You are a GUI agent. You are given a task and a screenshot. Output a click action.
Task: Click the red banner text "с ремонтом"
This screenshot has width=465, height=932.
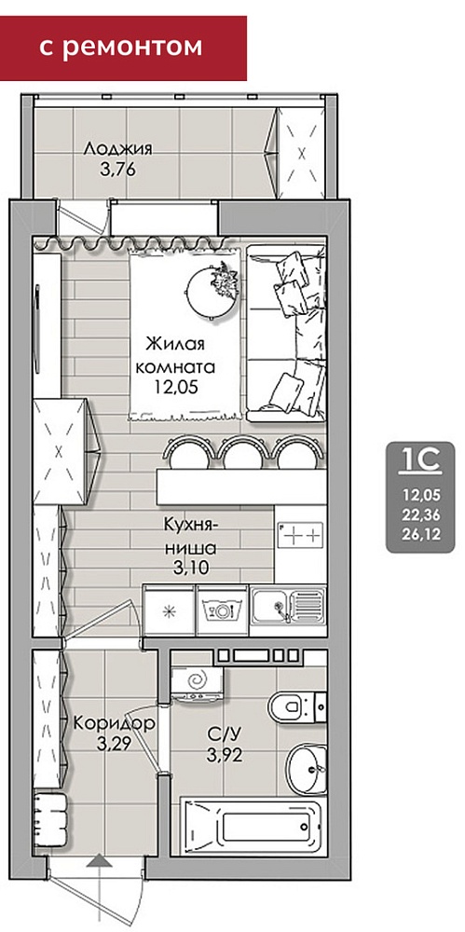tap(121, 47)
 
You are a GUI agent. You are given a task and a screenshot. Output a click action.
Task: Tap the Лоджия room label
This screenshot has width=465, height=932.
tap(117, 148)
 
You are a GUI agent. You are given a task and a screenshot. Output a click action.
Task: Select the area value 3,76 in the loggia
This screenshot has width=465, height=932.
tap(118, 170)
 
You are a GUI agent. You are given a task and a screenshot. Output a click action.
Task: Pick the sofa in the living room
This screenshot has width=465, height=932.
tap(287, 333)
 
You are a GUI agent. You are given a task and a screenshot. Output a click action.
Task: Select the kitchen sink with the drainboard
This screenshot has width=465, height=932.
tap(288, 607)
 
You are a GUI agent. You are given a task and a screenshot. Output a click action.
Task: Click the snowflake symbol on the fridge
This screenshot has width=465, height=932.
tap(169, 611)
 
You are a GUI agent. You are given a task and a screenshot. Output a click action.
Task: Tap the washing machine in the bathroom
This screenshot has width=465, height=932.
tap(197, 682)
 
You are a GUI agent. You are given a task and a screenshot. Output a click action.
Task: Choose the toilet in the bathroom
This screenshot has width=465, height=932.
tap(296, 706)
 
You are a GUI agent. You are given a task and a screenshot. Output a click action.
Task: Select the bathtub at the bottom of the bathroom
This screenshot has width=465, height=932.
tap(253, 827)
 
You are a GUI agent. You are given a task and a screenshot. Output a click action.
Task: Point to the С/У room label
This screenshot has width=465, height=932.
tap(225, 734)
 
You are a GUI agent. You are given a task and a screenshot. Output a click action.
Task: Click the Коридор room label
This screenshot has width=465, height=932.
tap(115, 724)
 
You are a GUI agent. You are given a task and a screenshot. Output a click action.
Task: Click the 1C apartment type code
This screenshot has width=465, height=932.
tap(421, 459)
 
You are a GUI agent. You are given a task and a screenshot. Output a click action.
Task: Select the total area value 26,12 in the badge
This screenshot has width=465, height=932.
tap(421, 536)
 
